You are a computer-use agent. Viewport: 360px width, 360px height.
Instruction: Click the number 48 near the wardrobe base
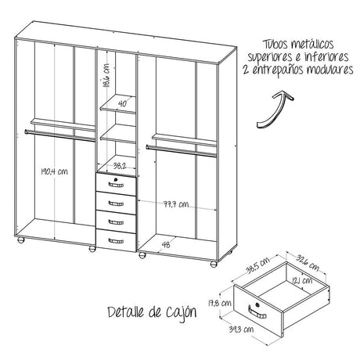click(x=166, y=243)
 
